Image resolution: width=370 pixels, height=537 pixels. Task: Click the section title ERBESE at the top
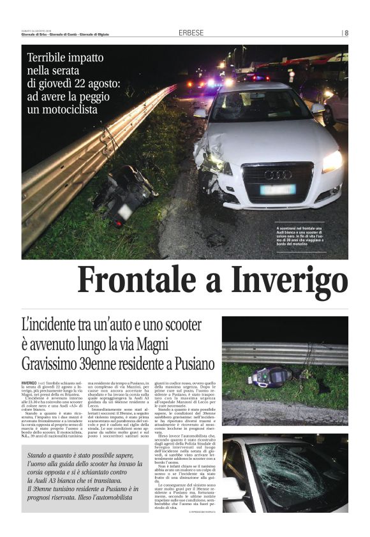click(191, 33)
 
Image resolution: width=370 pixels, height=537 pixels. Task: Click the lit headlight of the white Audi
click(332, 161)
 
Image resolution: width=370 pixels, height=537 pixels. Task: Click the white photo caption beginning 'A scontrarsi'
click(311, 235)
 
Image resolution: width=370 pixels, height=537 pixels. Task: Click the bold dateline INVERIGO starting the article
click(33, 381)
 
